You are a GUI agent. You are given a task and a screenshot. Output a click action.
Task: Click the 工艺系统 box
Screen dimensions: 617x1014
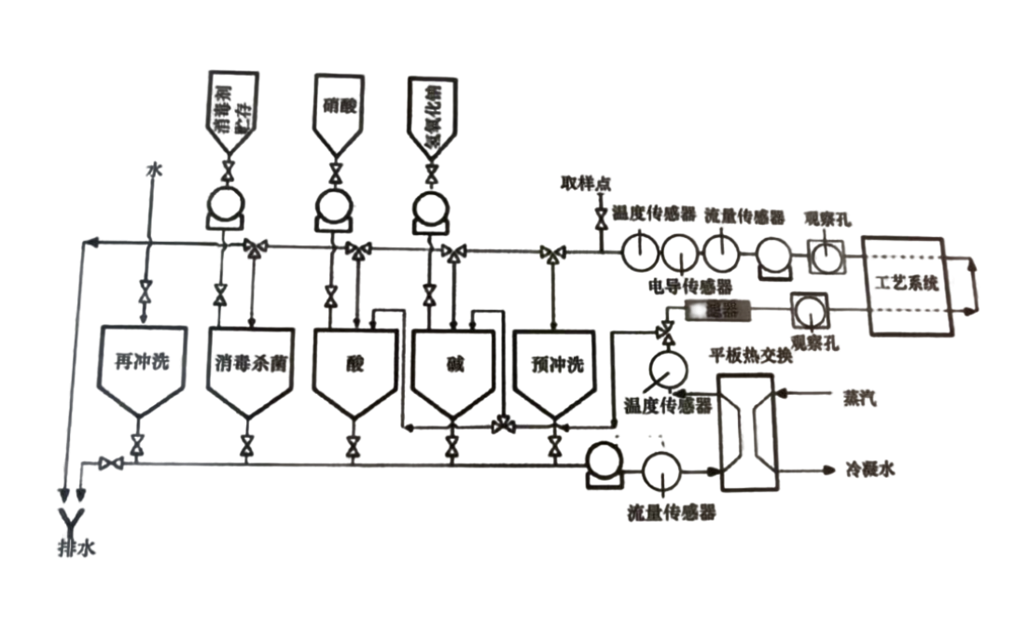point(908,286)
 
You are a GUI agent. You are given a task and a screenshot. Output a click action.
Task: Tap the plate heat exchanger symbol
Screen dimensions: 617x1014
point(745,430)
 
